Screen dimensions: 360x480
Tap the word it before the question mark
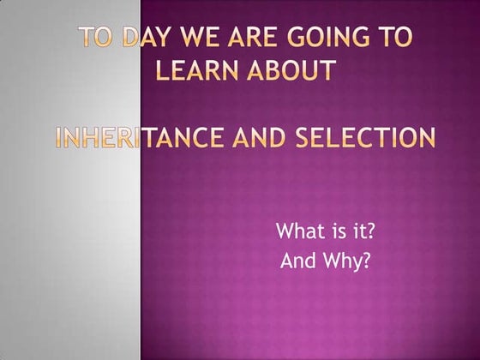[351, 231]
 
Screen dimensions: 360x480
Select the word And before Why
[299, 261]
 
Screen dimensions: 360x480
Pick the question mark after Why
[366, 261]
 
